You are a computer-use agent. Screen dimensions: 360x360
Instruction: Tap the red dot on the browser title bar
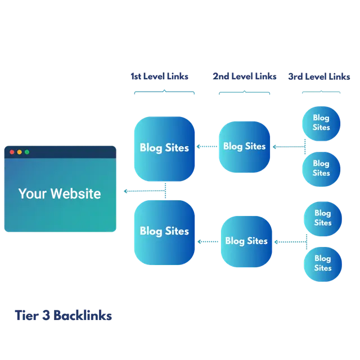[12, 152]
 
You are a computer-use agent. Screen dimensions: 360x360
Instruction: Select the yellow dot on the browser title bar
[19, 152]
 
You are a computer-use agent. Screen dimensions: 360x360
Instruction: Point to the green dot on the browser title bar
[26, 152]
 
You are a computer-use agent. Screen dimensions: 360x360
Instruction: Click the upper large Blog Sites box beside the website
[164, 148]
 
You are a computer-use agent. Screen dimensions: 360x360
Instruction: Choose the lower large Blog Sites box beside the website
[164, 231]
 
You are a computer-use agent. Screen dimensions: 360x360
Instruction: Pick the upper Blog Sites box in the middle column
[244, 146]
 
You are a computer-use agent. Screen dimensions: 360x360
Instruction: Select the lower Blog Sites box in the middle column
[246, 241]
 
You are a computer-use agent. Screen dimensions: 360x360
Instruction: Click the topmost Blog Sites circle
[321, 123]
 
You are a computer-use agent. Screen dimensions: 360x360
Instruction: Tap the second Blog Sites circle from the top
[321, 168]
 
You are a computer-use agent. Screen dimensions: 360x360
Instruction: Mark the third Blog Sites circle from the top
[322, 218]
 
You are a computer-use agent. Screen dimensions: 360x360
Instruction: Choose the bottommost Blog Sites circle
[322, 263]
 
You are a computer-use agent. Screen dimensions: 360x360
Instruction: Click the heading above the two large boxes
[160, 75]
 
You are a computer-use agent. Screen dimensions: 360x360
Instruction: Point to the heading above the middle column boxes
[245, 76]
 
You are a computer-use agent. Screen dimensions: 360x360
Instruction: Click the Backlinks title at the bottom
[63, 316]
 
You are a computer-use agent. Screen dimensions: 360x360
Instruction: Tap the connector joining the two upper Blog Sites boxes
[206, 147]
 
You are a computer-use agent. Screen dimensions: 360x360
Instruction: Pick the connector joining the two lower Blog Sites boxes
[208, 241]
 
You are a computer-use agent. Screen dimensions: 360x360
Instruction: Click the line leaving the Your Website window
[141, 191]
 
